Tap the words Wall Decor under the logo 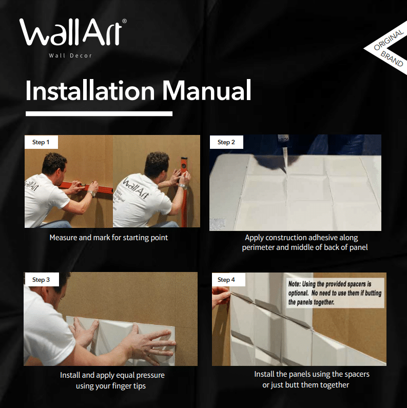(70, 55)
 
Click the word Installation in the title (90, 91)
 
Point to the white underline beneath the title (99, 113)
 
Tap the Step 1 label (41, 142)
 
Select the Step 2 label (226, 142)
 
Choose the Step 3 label (41, 280)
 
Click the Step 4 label (226, 280)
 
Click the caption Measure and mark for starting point (108, 238)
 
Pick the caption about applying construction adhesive (304, 243)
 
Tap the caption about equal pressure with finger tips (112, 380)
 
